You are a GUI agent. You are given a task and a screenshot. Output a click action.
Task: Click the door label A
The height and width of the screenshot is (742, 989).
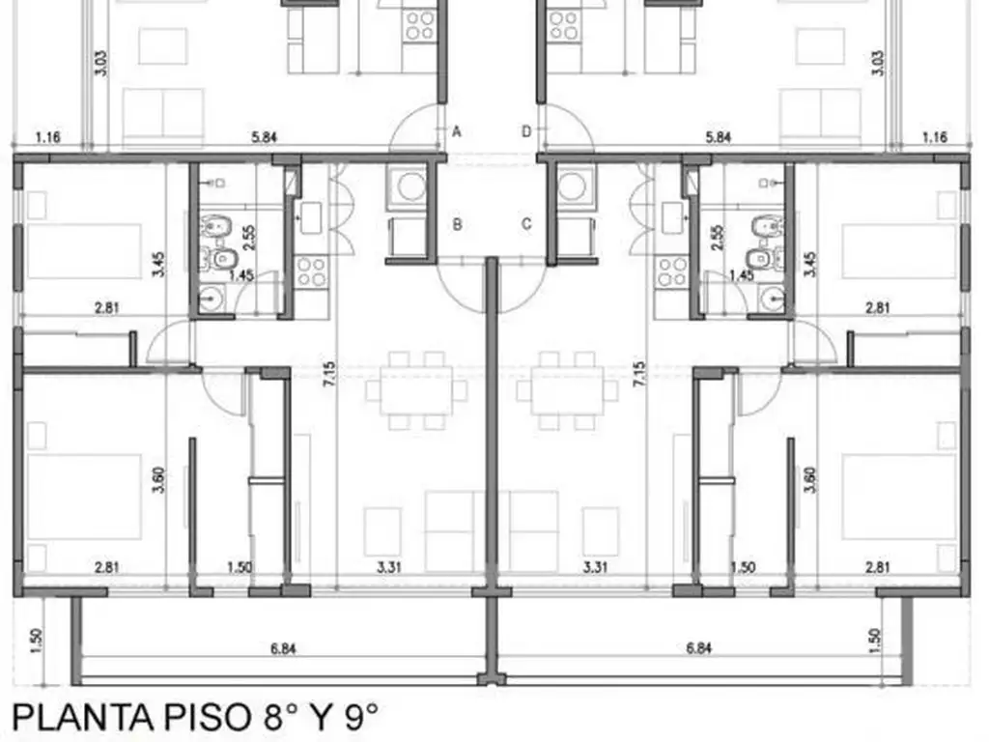click(457, 131)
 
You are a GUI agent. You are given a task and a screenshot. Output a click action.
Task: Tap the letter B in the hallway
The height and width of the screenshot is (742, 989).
click(458, 224)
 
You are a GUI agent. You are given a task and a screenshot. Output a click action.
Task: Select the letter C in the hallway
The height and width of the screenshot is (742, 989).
click(526, 224)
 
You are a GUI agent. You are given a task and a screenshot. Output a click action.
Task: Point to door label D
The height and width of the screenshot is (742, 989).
click(526, 131)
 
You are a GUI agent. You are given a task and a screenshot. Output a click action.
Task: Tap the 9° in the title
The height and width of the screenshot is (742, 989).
click(354, 718)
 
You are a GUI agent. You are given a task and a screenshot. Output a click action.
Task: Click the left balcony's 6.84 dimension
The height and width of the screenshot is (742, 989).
click(283, 648)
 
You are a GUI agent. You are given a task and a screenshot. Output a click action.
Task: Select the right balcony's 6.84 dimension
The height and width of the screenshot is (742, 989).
click(698, 648)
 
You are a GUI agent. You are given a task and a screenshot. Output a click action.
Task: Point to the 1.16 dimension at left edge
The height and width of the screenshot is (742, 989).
click(48, 138)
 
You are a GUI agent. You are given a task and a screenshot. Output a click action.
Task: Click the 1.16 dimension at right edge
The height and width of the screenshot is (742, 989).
click(934, 138)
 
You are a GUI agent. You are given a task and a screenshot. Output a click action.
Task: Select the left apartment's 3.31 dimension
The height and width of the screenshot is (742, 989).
click(388, 567)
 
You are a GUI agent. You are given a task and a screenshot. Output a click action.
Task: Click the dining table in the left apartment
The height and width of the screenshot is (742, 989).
click(415, 390)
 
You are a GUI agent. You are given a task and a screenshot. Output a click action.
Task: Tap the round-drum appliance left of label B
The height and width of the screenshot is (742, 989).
click(412, 185)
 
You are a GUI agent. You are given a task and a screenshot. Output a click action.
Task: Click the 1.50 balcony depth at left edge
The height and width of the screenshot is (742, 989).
click(34, 639)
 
